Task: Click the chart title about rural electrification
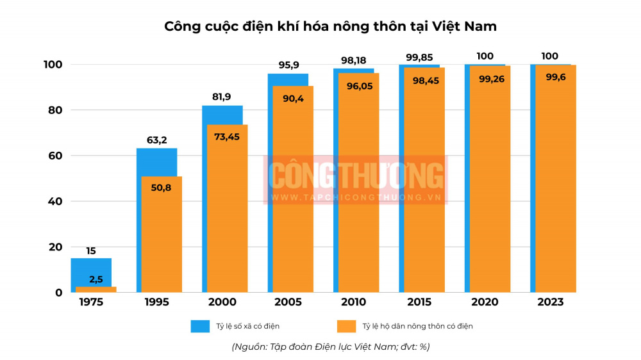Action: [330, 26]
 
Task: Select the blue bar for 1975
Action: [90, 272]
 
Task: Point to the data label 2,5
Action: [96, 279]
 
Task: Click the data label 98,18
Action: [353, 60]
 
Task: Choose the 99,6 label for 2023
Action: [555, 77]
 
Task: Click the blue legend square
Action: [200, 326]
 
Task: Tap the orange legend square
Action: [346, 326]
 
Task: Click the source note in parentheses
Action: [330, 347]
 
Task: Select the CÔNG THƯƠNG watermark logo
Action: [356, 179]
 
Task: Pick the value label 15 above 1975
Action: [90, 250]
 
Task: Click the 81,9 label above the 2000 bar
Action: [222, 97]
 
